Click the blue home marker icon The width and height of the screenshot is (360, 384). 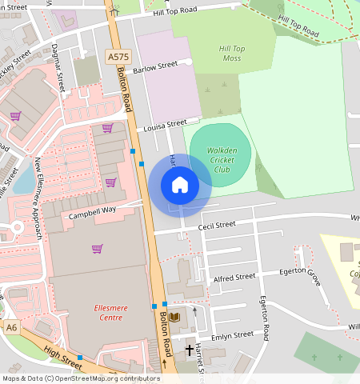(180, 185)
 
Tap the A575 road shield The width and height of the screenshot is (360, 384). (117, 57)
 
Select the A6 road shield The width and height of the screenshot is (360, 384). (11, 327)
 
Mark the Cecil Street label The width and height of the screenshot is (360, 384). (217, 226)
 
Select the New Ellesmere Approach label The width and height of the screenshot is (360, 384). (37, 198)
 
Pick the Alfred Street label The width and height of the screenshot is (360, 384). (234, 277)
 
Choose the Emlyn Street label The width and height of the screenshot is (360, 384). (232, 336)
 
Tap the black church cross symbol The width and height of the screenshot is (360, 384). (190, 350)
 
